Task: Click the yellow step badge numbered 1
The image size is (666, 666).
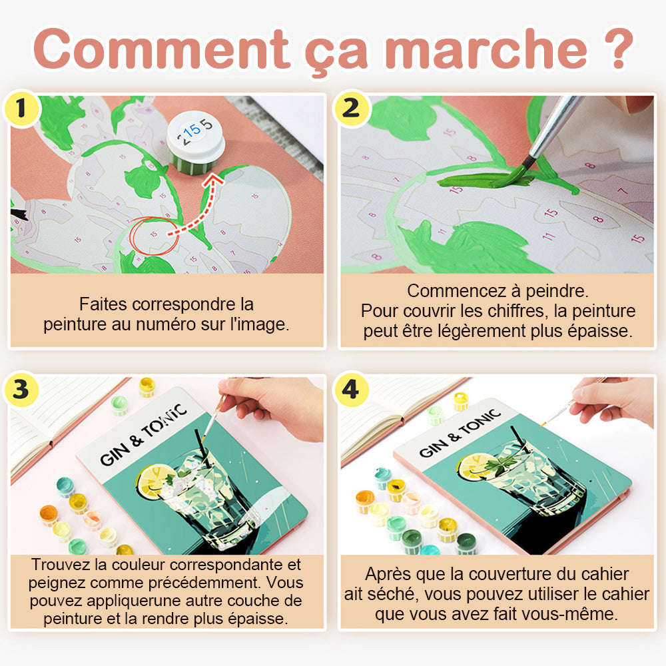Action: click(21, 109)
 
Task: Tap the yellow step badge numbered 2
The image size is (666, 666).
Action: click(351, 109)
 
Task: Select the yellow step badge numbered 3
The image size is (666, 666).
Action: click(21, 390)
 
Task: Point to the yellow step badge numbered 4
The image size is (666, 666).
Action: click(351, 390)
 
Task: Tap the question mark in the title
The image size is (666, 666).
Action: click(619, 49)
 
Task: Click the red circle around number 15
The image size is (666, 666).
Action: click(154, 236)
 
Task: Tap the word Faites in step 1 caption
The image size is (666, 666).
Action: click(103, 304)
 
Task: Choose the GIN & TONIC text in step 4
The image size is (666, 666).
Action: click(460, 434)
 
